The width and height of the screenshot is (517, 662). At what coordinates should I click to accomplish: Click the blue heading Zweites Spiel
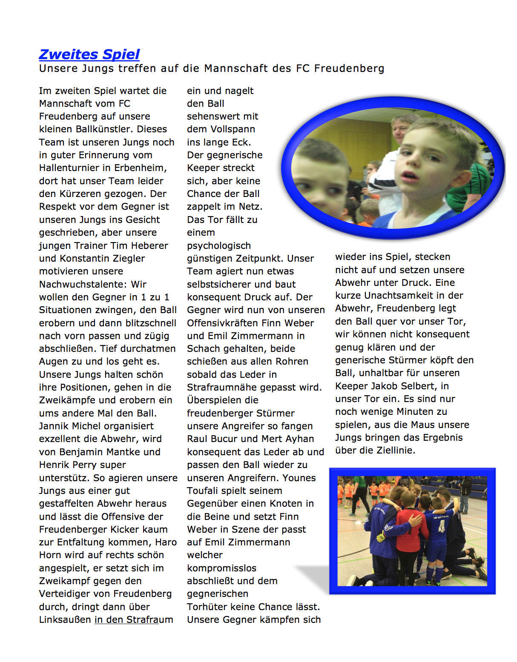[89, 54]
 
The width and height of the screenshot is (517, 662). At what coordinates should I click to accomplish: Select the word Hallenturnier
[72, 168]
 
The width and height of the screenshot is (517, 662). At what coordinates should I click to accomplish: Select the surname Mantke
[140, 452]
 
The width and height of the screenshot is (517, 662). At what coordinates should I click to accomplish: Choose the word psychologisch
[219, 245]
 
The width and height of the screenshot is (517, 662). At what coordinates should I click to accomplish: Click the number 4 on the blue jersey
[442, 528]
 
